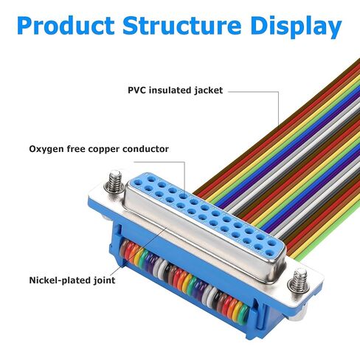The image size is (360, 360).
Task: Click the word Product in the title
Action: pyautogui.click(x=66, y=25)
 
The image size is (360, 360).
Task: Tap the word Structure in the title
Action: pyautogui.click(x=182, y=25)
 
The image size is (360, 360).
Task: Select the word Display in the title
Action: pyautogui.click(x=296, y=27)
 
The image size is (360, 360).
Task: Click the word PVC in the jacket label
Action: pyautogui.click(x=136, y=90)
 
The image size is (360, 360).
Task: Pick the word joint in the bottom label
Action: pyautogui.click(x=104, y=280)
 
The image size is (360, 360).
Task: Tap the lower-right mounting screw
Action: pyautogui.click(x=298, y=280)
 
